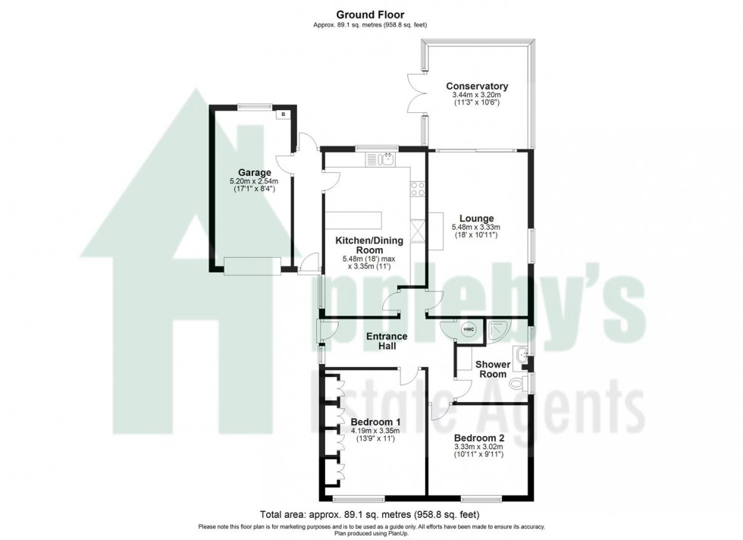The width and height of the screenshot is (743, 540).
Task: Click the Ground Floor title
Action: pos(371,14)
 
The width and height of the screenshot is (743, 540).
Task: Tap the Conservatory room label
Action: pos(476,86)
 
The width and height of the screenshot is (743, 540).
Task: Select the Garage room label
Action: pos(253,172)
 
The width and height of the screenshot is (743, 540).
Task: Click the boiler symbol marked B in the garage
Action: pos(283,115)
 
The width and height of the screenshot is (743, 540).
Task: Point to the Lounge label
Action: pos(476,218)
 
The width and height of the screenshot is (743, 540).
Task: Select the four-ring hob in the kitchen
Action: pos(417,190)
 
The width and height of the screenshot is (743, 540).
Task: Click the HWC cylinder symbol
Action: pos(469,329)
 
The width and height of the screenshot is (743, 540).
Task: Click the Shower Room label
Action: pos(492,369)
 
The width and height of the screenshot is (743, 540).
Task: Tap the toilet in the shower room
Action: pos(519,381)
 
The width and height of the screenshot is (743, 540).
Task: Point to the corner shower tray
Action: pos(500,328)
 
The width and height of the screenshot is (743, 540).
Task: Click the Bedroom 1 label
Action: pos(375,422)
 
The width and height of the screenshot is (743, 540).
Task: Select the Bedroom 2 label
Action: pos(478,438)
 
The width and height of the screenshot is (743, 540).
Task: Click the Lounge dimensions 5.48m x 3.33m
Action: pos(476,227)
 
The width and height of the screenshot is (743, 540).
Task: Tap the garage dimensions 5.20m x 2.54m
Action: pos(253,181)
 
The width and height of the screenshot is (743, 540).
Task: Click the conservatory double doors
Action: pos(412,95)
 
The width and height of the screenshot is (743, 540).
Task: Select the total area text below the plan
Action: pos(371,512)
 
